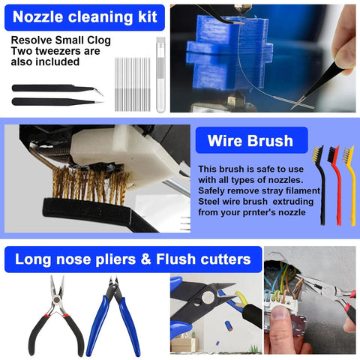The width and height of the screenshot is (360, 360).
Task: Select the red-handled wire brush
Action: (335, 180)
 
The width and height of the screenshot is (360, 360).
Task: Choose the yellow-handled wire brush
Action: (349, 180)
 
